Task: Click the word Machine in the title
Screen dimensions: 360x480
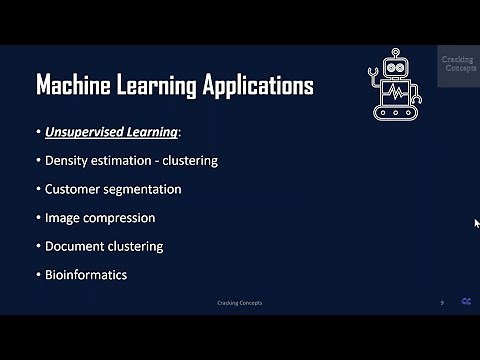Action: (x=74, y=85)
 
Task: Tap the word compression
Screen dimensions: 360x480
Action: (x=119, y=217)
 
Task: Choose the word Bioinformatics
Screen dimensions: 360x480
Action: (x=86, y=274)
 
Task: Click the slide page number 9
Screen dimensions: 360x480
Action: (x=442, y=303)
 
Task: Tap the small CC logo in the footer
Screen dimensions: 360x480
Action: (x=466, y=302)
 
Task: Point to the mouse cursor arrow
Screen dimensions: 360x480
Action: (x=477, y=223)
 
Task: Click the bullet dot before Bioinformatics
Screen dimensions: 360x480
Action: (x=38, y=274)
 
